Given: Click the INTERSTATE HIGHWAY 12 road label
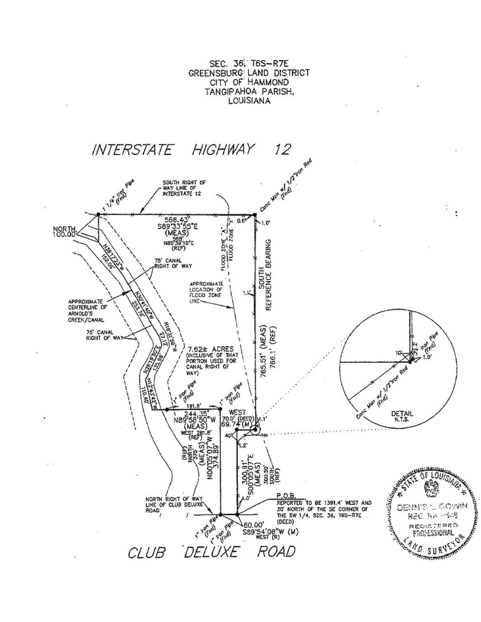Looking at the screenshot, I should pyautogui.click(x=191, y=150).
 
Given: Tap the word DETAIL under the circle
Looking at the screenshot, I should pyautogui.click(x=402, y=414).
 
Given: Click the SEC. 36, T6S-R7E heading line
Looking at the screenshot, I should pyautogui.click(x=249, y=64).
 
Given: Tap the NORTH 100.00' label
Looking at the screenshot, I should pyautogui.click(x=64, y=232).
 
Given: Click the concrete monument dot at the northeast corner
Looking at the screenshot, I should pyautogui.click(x=254, y=215).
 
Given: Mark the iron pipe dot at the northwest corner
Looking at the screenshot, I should pyautogui.click(x=98, y=214).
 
